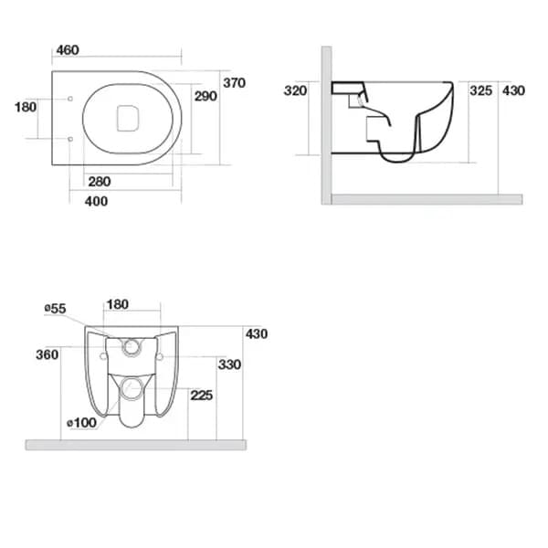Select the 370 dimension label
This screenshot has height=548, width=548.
pos(235,83)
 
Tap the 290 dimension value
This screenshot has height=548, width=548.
pos(205,96)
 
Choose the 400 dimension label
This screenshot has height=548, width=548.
pos(95,201)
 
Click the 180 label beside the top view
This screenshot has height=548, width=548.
pos(26,107)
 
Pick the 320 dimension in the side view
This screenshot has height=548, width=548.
pos(294,90)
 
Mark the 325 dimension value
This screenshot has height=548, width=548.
pos(480,90)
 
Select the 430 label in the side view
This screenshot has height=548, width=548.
pos(514,90)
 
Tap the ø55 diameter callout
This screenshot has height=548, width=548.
pos(55,309)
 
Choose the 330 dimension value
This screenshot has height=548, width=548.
pos(229,364)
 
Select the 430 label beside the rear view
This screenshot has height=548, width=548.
pos(257,333)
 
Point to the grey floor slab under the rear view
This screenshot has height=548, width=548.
pos(136,445)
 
